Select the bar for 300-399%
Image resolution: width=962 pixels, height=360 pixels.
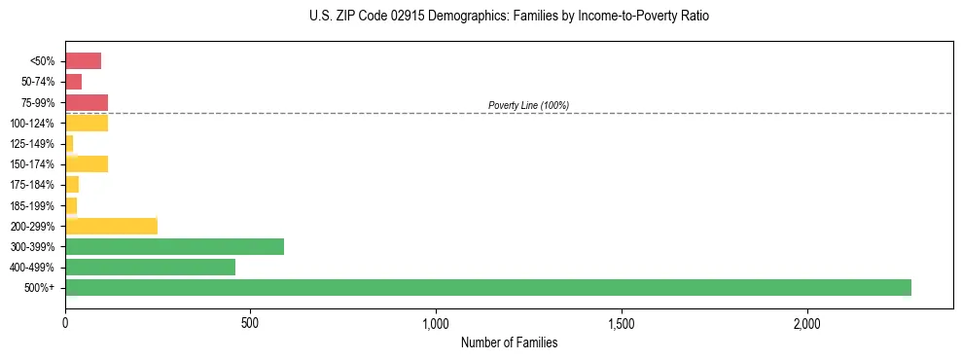pos(175,246)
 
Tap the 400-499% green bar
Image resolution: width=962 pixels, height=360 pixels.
pos(151,267)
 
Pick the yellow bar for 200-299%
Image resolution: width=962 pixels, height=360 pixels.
pos(112,226)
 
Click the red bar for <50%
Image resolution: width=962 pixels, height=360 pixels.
pos(84,61)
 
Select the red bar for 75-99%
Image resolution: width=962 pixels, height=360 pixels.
pos(87,102)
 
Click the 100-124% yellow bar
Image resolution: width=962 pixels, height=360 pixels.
pos(87,123)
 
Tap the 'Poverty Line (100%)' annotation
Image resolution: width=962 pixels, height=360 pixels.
pos(528,105)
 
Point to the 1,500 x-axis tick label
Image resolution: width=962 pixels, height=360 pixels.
pos(622,322)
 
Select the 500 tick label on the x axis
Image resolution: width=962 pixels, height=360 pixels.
pos(250,322)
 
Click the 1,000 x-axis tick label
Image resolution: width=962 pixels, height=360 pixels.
pos(436,322)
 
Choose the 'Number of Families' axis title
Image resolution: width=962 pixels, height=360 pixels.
pos(509,342)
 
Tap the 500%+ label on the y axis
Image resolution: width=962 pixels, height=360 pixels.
pos(40,288)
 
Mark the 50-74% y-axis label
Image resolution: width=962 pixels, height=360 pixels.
pos(38,82)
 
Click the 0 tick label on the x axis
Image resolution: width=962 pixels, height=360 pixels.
pos(65,322)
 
